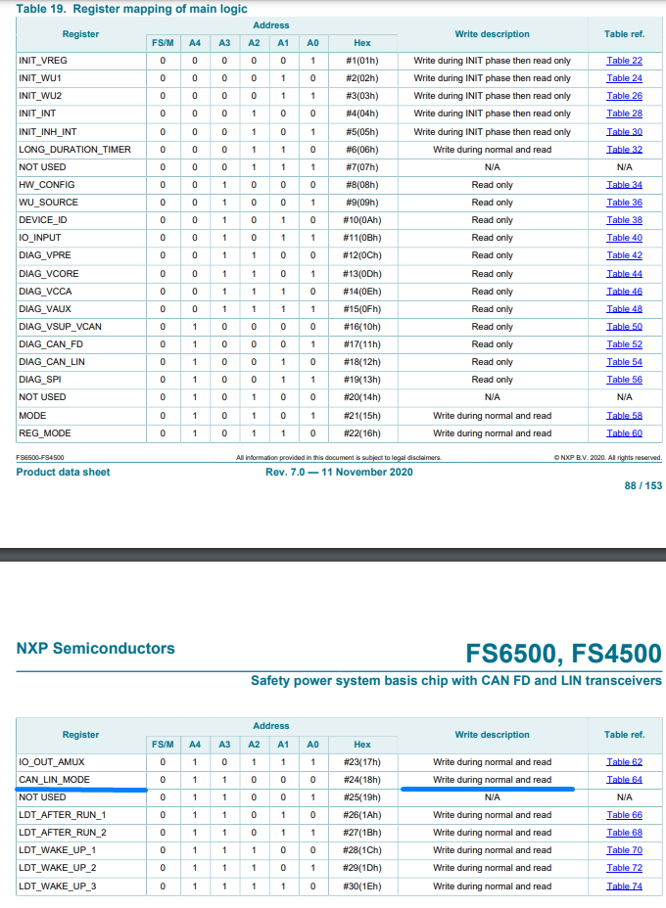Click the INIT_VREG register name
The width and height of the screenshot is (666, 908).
tap(43, 61)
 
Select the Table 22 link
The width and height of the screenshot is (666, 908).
tap(624, 61)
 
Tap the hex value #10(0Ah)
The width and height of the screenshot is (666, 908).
tap(362, 220)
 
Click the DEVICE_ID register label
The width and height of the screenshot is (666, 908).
tap(43, 220)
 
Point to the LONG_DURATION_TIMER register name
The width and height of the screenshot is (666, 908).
tap(74, 150)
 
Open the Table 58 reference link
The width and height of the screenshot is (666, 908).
tap(624, 416)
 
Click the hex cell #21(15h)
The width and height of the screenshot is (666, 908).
tap(362, 416)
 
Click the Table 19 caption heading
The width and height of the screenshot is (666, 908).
tap(132, 9)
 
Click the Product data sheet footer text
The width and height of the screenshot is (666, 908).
tap(63, 473)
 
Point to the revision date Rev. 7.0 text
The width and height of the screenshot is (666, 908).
tap(339, 473)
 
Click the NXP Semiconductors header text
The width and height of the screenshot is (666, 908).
tap(96, 648)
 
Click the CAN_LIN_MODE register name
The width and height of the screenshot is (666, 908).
tap(55, 780)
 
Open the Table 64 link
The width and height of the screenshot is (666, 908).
tap(624, 780)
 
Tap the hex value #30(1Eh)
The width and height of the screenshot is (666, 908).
tap(362, 886)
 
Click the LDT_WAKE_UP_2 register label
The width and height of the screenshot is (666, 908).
tap(58, 868)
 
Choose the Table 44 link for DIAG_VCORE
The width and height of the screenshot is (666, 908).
tap(624, 274)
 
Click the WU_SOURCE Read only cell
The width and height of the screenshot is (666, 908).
tap(492, 203)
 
